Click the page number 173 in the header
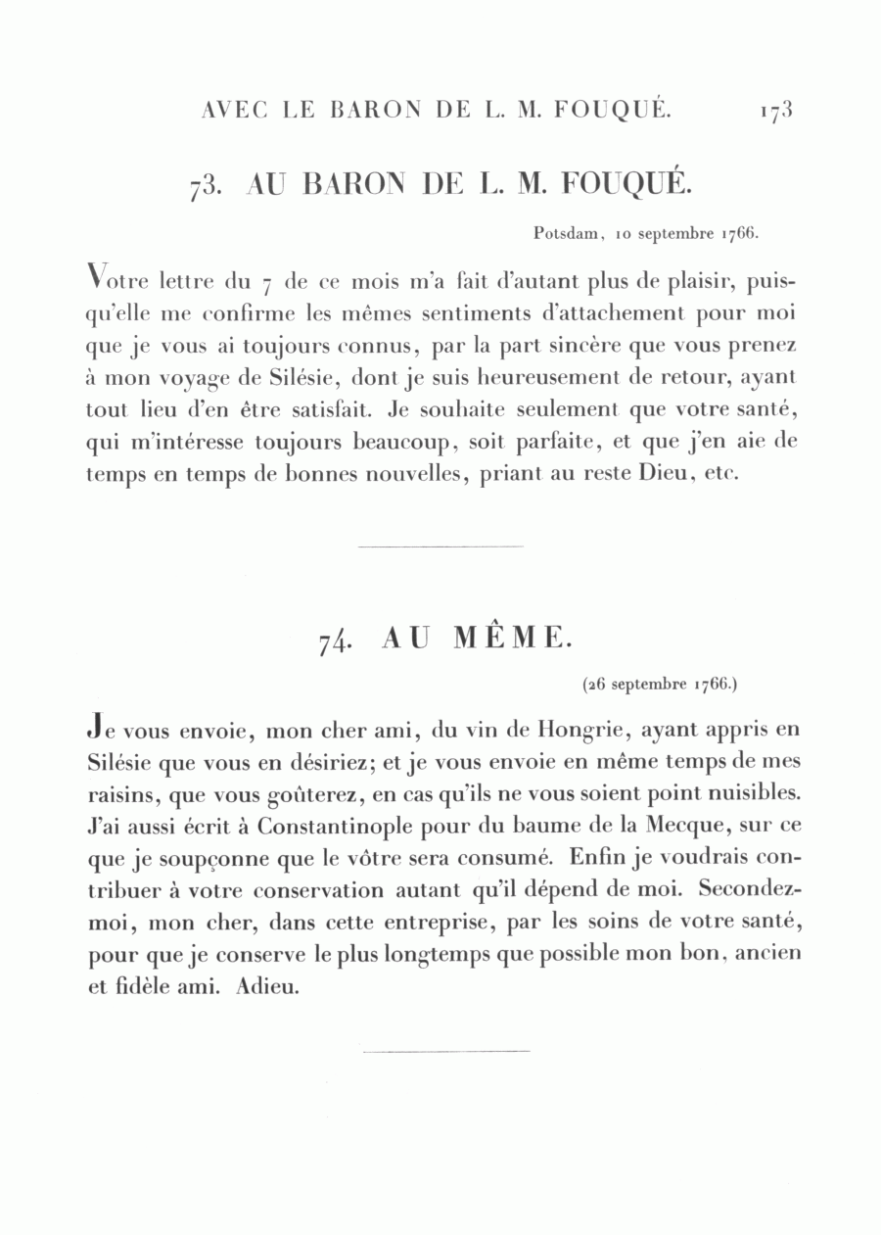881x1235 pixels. click(x=773, y=110)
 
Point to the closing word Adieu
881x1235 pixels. click(x=266, y=986)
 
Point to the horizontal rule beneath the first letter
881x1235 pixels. click(x=440, y=546)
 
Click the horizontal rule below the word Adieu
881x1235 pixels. click(x=445, y=1051)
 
